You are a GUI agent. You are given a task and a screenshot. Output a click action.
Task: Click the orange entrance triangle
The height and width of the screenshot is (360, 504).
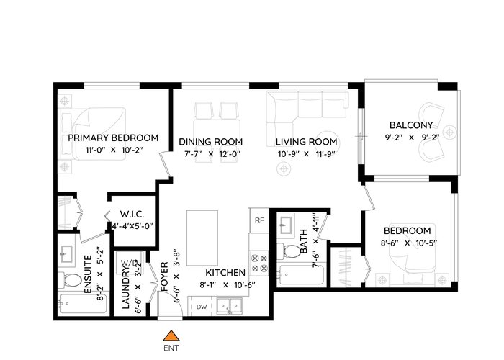click(x=171, y=336)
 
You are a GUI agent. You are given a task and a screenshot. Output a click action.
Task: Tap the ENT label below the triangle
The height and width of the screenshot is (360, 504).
click(x=171, y=348)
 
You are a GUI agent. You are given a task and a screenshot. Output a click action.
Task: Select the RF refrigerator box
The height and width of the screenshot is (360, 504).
click(x=259, y=220)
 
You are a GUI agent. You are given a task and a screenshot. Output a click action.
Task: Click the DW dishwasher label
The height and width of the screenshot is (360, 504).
click(x=202, y=307)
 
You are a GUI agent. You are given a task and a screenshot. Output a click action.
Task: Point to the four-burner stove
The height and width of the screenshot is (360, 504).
click(x=259, y=263)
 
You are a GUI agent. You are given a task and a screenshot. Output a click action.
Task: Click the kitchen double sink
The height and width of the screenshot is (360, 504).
click(x=229, y=306)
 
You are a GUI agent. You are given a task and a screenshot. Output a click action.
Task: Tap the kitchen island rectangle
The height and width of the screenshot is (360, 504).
click(x=202, y=238)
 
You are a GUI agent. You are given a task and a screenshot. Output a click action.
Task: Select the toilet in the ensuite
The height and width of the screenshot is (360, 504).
click(x=69, y=281)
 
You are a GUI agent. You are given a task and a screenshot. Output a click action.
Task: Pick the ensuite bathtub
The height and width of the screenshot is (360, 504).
click(x=83, y=304)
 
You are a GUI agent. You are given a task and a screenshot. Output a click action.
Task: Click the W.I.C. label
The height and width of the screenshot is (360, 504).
click(x=132, y=215)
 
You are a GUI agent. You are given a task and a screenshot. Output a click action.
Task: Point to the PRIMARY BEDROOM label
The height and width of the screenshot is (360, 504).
click(x=113, y=138)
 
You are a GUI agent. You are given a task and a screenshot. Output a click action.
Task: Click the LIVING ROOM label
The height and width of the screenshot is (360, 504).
click(x=306, y=142)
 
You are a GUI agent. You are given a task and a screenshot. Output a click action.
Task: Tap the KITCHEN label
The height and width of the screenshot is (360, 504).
click(x=225, y=273)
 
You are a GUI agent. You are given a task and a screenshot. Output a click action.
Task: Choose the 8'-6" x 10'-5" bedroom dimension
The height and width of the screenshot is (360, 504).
click(x=409, y=243)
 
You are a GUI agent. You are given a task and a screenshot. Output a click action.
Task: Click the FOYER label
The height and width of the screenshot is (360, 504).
click(x=164, y=276)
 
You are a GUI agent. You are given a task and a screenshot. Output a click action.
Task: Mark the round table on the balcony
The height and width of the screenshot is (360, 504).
click(x=449, y=132)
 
